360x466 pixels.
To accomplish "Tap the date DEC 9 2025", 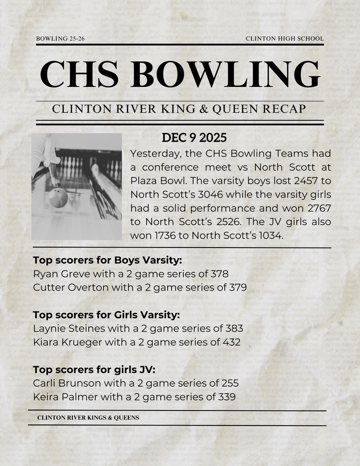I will click(194, 137).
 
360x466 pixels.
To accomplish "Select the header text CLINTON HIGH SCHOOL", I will click(284, 39).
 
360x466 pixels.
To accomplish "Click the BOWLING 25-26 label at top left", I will click(60, 39).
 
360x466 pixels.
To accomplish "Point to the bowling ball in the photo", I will click(58, 198).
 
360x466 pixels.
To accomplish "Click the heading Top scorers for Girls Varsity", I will click(106, 314).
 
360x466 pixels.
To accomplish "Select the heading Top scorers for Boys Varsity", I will click(107, 260).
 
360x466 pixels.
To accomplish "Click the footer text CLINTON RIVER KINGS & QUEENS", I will click(88, 417).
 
